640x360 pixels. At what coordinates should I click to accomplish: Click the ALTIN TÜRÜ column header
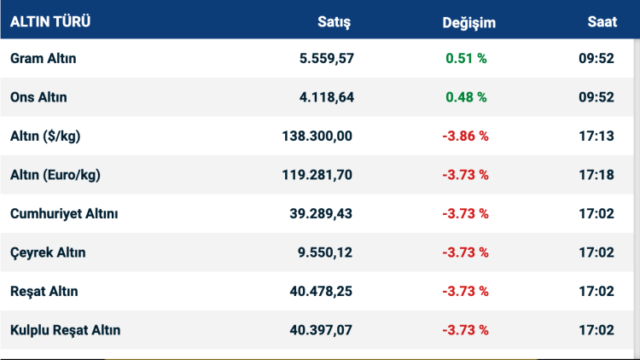(x=50, y=22)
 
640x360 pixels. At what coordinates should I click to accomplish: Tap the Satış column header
(x=334, y=22)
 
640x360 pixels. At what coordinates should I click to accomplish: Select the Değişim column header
(x=468, y=23)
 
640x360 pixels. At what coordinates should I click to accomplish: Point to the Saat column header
(x=602, y=22)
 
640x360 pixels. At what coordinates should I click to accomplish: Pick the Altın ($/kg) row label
(x=45, y=136)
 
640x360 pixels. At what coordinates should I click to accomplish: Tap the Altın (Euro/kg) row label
(x=55, y=175)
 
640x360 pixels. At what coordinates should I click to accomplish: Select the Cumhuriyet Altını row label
(x=64, y=213)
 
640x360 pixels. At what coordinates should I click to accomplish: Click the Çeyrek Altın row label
(x=48, y=253)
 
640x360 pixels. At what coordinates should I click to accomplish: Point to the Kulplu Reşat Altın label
(x=65, y=329)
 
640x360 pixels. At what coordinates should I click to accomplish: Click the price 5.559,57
(x=322, y=59)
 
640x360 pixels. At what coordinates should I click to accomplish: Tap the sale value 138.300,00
(x=317, y=136)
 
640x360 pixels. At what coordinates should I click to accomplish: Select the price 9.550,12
(x=322, y=253)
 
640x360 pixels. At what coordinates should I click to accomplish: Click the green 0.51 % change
(x=466, y=59)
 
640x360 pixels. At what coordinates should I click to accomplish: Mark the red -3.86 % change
(x=465, y=136)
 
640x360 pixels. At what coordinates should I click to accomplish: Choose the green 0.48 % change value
(x=466, y=97)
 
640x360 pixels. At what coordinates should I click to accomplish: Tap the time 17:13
(x=596, y=136)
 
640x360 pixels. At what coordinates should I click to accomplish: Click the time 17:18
(x=596, y=175)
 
